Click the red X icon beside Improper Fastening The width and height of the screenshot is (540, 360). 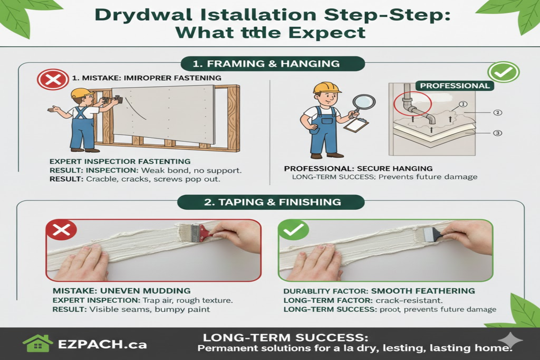pos(53,79)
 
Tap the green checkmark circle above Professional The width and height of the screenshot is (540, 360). pos(503,72)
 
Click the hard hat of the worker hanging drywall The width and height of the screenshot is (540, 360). pos(82,93)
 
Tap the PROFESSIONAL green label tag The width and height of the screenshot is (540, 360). pos(455,86)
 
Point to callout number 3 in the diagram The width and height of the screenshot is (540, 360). pos(498,133)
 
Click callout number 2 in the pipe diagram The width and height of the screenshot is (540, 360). pos(498,113)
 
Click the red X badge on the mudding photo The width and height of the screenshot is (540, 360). pos(62,230)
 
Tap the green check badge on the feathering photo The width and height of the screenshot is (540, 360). pos(293,230)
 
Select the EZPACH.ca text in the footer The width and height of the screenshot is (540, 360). pos(102,345)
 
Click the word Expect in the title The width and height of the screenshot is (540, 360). pos(327,33)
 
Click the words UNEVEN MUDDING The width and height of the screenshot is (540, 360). pos(145,291)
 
